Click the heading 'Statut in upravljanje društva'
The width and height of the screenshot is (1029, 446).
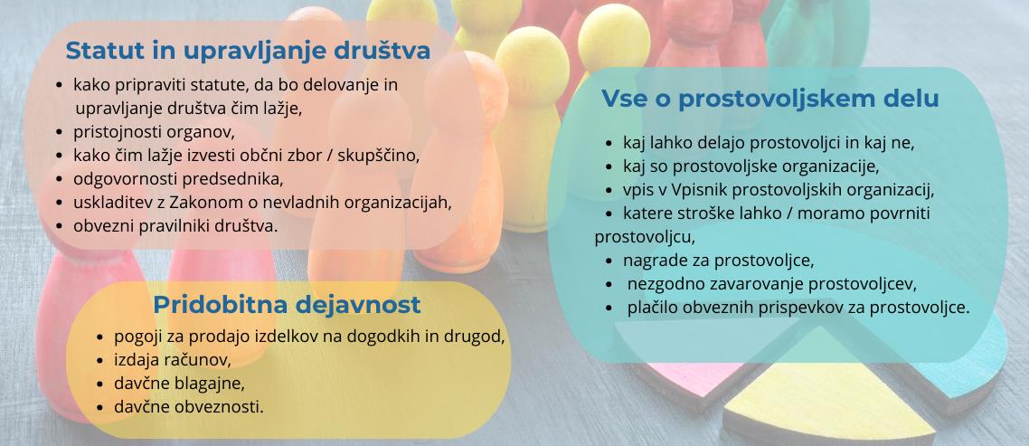click(x=248, y=51)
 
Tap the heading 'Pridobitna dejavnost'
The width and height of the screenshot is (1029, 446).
click(x=287, y=305)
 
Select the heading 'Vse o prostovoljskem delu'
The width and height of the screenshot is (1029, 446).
click(x=770, y=99)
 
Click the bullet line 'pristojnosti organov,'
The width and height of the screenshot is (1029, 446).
click(x=155, y=131)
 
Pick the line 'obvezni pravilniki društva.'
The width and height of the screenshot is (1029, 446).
click(x=176, y=225)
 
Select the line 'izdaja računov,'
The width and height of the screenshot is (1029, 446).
click(x=173, y=360)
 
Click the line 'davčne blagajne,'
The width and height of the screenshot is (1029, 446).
click(x=179, y=384)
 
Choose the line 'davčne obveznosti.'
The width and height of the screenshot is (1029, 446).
click(x=189, y=407)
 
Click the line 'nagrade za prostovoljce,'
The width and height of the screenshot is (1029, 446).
click(x=719, y=261)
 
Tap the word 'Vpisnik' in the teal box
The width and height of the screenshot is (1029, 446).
click(x=697, y=191)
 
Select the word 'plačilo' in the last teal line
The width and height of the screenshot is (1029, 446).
click(x=652, y=308)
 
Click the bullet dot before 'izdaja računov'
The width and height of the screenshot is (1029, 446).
click(x=99, y=361)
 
